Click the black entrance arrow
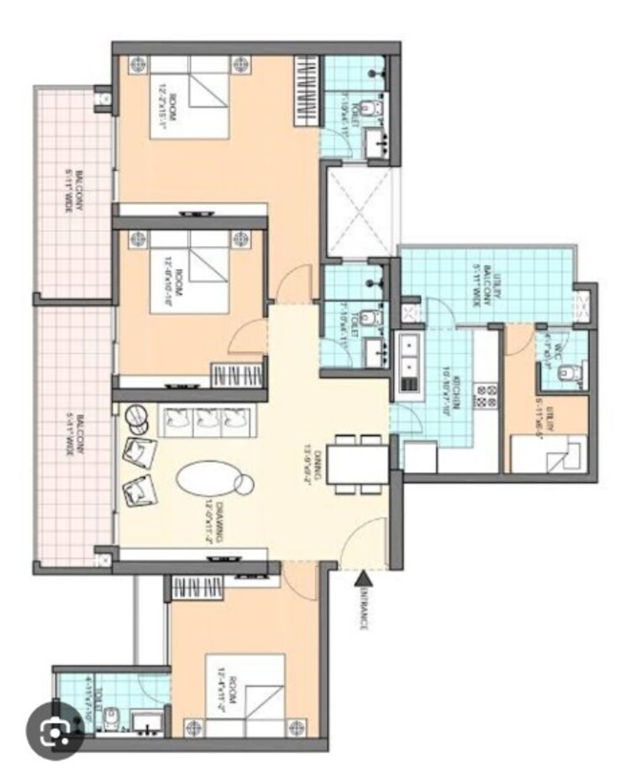coord(363,577)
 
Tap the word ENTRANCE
coord(364,608)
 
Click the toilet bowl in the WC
coord(571,372)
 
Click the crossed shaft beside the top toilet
coord(357,210)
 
